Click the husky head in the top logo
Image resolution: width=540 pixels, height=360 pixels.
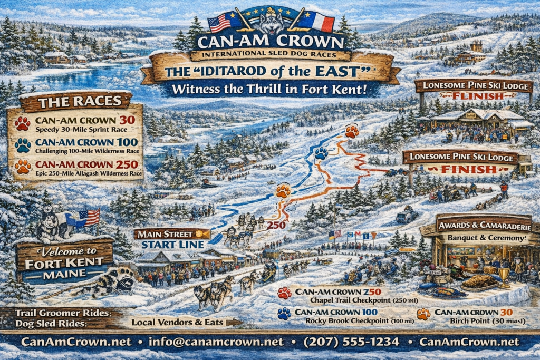271,22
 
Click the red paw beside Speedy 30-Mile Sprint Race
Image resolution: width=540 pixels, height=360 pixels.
23,123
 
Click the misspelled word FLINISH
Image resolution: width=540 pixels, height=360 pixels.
472,96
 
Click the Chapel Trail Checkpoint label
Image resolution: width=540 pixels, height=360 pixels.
342,300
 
